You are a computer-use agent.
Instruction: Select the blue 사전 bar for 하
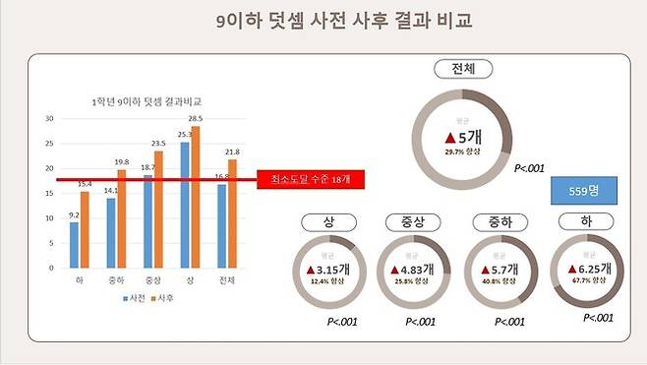tap(74, 244)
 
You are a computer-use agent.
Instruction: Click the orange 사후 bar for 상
tap(195, 196)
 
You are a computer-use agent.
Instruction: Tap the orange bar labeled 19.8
tap(120, 217)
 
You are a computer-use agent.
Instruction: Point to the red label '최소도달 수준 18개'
tap(296, 179)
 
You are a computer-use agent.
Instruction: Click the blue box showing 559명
tap(583, 191)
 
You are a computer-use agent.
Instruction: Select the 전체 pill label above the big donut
tap(462, 69)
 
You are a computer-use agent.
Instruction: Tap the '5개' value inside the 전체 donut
tap(462, 137)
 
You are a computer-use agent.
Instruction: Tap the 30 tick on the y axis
tap(49, 118)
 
